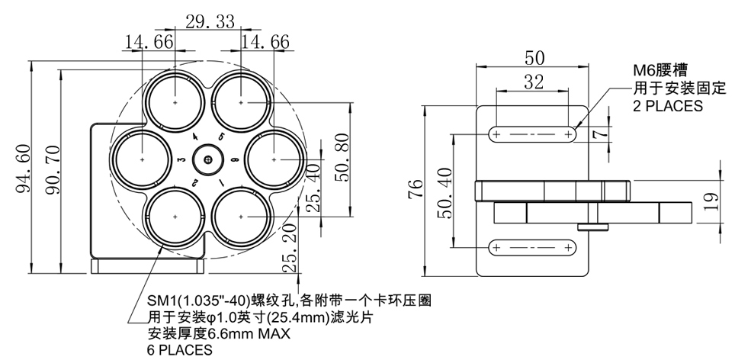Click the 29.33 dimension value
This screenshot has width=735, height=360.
point(210,21)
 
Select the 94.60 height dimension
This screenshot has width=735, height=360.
point(24,169)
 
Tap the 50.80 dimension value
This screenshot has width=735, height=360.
point(342,157)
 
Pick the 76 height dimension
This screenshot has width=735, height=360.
point(416,189)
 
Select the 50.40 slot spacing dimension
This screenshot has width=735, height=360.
point(445,193)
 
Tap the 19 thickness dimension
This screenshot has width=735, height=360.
point(712,202)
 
